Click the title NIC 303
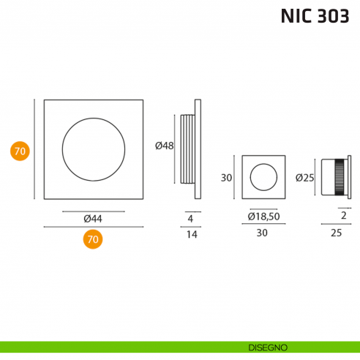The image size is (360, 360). [x=315, y=16]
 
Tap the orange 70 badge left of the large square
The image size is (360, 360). [x=20, y=151]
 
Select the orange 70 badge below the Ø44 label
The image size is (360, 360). [x=92, y=239]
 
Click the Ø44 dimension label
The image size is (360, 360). [x=92, y=218]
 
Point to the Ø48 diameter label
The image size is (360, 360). [x=165, y=146]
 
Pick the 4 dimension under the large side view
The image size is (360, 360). [x=190, y=218]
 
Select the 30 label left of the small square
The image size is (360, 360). [x=226, y=177]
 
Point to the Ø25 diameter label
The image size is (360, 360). [x=304, y=177]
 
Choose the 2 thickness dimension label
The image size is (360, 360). [x=343, y=216]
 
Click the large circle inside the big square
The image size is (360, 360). [x=92, y=148]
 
